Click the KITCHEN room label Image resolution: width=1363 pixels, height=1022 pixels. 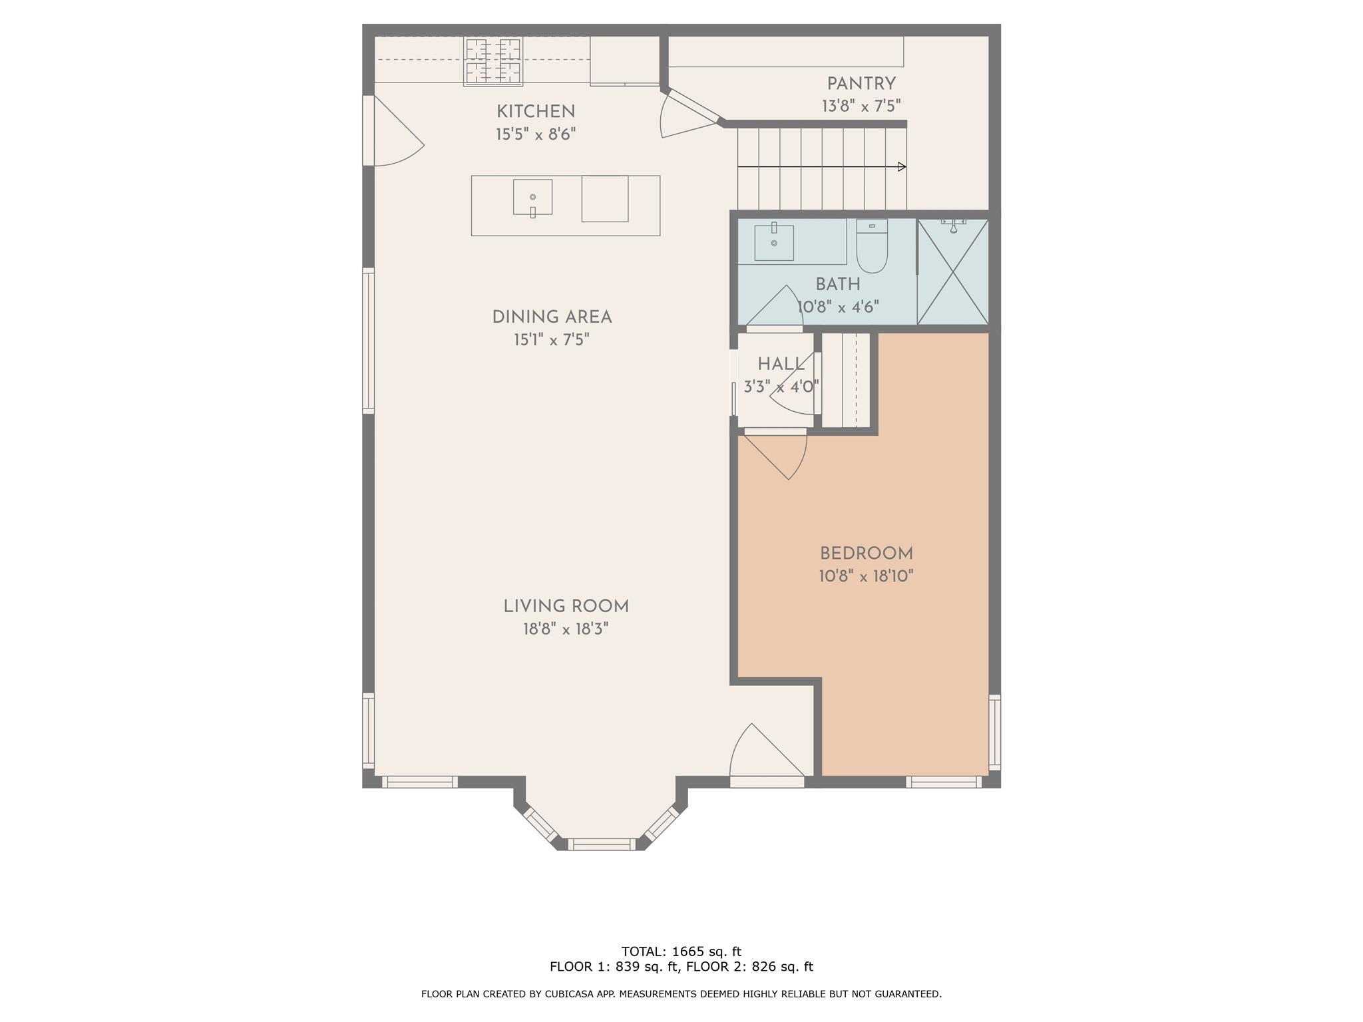(x=535, y=111)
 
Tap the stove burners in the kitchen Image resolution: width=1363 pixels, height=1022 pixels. (x=493, y=61)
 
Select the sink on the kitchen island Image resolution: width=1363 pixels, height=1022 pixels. (x=532, y=198)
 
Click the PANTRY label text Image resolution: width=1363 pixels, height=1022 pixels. (x=861, y=84)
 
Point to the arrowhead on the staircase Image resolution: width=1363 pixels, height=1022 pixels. (x=902, y=166)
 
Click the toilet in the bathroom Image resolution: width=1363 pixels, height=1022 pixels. (x=872, y=246)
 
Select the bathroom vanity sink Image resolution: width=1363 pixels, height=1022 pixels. (x=774, y=243)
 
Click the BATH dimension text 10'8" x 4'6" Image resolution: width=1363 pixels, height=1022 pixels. (x=838, y=307)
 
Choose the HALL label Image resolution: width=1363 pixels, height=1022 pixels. (x=781, y=364)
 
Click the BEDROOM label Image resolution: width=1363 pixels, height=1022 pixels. (x=866, y=553)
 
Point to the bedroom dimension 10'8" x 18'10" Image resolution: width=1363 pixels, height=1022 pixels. (x=866, y=576)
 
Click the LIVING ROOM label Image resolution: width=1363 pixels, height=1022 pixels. (x=566, y=606)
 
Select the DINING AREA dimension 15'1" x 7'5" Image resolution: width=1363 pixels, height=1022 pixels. (x=551, y=340)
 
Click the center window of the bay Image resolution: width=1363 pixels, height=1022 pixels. (x=602, y=844)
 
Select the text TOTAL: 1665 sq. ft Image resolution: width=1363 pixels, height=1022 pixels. (x=681, y=951)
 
